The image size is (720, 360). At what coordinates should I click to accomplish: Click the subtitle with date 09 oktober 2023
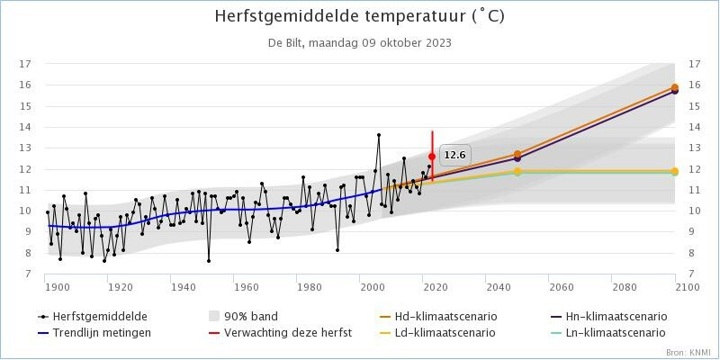(359, 42)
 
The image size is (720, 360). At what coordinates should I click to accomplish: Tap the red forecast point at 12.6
(432, 157)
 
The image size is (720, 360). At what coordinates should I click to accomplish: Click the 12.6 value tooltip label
(454, 155)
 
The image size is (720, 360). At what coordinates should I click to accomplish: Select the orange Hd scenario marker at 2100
(675, 88)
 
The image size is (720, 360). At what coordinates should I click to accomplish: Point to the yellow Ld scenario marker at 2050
(517, 171)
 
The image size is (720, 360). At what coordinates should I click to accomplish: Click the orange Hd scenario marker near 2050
(517, 155)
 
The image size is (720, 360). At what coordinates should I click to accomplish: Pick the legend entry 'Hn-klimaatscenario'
(621, 317)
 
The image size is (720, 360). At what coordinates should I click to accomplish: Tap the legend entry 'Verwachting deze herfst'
(292, 332)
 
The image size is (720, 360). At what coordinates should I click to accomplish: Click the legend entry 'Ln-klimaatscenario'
(620, 332)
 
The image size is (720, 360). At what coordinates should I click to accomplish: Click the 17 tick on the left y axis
(25, 64)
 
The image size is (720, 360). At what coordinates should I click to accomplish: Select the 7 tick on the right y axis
(694, 274)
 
